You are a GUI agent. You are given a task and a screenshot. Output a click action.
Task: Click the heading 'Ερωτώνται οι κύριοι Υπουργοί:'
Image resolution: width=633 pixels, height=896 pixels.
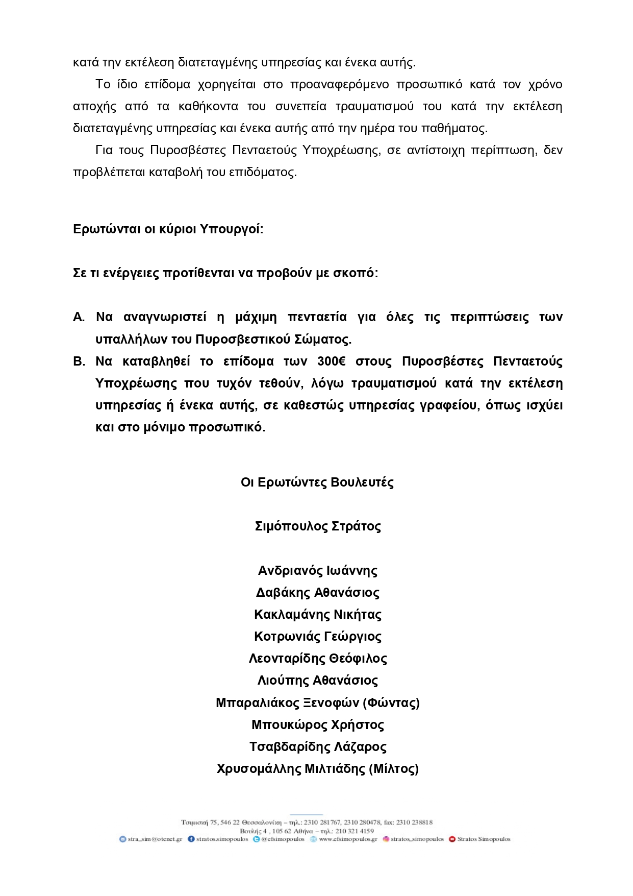(168, 229)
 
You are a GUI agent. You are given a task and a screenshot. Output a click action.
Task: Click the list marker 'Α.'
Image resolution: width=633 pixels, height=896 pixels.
(79, 317)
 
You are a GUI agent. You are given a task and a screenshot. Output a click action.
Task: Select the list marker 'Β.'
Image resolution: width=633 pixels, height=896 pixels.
(79, 361)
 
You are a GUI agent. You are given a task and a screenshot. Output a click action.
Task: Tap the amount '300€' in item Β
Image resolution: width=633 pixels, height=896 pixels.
(331, 361)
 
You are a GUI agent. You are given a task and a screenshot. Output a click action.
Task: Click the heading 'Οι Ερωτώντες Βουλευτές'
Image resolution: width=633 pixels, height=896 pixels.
(317, 482)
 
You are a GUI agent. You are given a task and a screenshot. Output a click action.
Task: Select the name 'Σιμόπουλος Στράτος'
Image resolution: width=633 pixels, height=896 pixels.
(317, 526)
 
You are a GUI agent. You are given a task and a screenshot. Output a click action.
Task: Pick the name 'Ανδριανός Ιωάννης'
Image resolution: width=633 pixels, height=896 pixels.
(317, 571)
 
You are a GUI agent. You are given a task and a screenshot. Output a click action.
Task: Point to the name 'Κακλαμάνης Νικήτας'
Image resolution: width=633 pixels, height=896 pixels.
(317, 615)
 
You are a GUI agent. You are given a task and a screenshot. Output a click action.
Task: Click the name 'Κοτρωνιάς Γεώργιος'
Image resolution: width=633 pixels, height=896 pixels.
(317, 637)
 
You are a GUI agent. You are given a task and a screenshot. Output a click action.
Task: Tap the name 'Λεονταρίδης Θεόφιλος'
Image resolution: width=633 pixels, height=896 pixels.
(317, 659)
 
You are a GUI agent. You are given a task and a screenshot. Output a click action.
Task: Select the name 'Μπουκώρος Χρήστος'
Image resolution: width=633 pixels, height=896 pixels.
(317, 725)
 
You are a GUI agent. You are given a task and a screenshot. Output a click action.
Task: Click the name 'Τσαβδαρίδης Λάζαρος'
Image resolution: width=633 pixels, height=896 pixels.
(317, 747)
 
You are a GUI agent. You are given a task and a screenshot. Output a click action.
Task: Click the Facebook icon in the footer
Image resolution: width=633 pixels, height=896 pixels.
(191, 839)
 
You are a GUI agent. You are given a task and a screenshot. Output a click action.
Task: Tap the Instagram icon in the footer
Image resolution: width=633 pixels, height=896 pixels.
(386, 839)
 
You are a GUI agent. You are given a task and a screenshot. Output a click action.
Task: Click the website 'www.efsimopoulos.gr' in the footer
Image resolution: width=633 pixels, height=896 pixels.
(348, 839)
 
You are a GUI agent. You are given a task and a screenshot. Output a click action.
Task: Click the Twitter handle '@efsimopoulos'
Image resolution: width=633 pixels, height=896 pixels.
(283, 839)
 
